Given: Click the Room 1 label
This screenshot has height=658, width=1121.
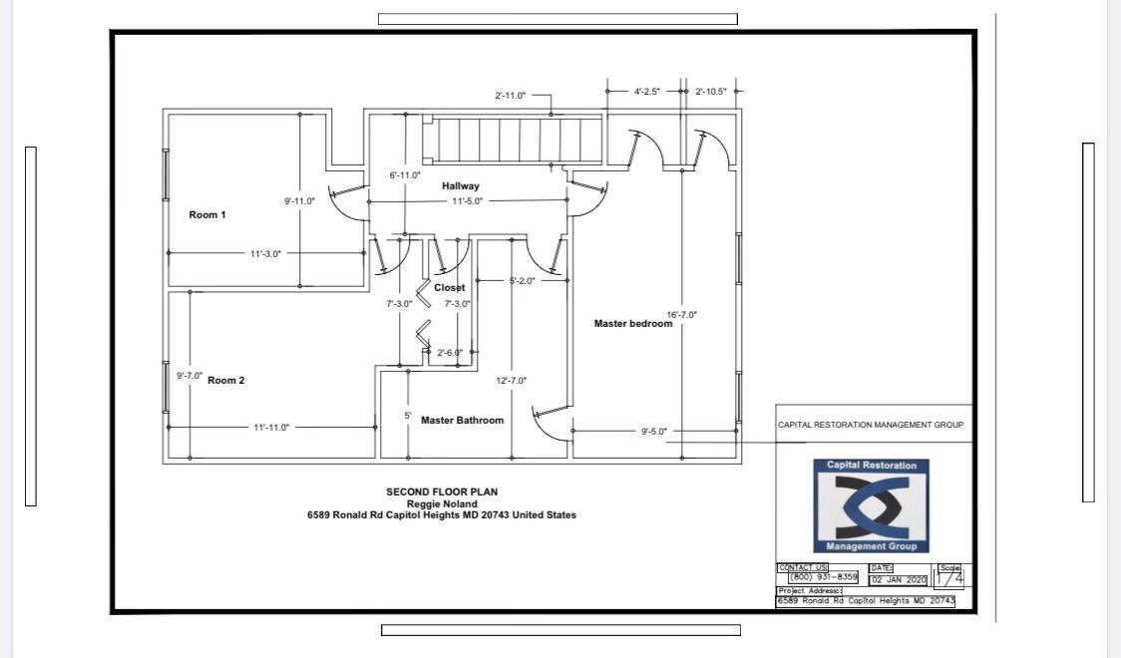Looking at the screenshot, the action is [207, 215].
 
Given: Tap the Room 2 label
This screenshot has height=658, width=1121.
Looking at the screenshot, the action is [226, 380].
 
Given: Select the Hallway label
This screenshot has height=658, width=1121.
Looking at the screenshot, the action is [461, 185].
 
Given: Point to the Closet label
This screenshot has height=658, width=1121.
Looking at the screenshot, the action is [449, 287].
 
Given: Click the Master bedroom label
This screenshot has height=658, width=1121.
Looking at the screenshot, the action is [633, 324].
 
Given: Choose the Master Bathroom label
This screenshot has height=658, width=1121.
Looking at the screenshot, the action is [462, 420].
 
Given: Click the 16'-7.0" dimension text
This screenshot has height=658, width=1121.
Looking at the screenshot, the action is [682, 314].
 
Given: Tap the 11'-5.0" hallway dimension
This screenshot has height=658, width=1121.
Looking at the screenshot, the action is [468, 201].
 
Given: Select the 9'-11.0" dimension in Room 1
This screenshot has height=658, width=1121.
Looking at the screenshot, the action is [299, 201].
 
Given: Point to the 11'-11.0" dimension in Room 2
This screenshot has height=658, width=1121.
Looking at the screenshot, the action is [271, 428].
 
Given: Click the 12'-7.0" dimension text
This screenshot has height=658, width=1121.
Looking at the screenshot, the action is [512, 381].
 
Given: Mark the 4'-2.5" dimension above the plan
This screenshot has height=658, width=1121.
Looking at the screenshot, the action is [647, 92].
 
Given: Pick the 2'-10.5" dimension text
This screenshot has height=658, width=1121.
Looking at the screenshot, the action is [711, 92].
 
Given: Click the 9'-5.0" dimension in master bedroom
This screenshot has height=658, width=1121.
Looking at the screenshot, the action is [654, 432].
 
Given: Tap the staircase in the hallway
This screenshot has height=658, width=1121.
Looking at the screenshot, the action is [514, 140].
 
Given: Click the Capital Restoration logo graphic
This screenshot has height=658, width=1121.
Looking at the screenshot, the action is [871, 505].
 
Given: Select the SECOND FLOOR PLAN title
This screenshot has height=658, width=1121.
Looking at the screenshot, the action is [442, 492].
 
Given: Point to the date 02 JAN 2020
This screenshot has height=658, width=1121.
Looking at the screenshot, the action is [899, 580].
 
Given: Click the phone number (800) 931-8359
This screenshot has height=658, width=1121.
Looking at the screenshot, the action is [824, 576].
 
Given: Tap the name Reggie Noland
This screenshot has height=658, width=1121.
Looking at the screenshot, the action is [442, 503].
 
